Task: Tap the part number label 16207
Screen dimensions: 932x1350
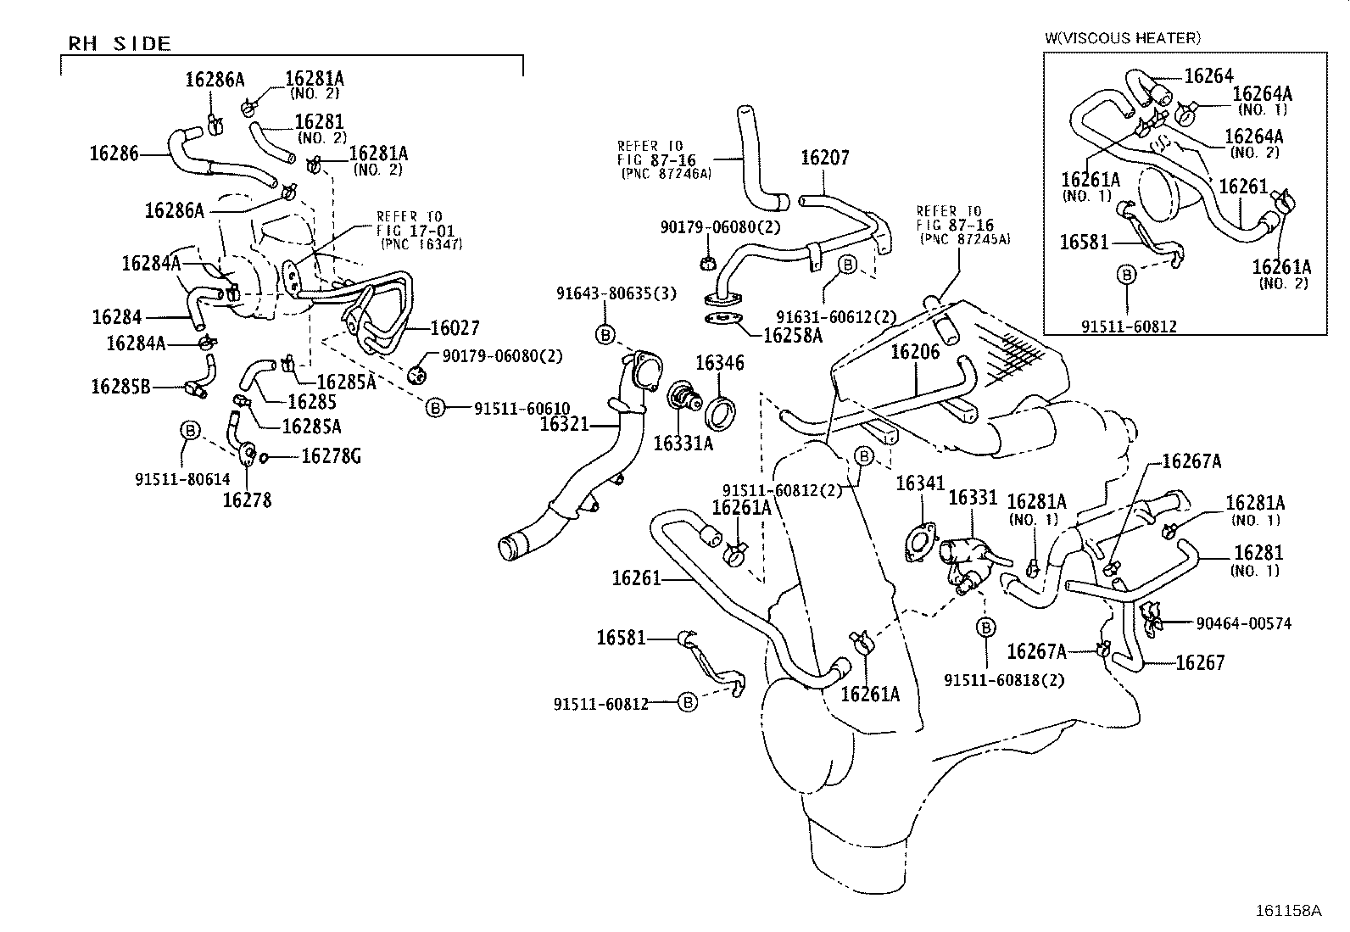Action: pos(824,158)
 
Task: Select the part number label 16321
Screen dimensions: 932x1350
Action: pos(564,423)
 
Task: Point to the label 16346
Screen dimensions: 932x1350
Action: pos(719,363)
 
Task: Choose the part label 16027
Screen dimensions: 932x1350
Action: pos(455,328)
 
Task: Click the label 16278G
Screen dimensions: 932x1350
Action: pos(332,456)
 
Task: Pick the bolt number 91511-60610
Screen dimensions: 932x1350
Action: pos(522,408)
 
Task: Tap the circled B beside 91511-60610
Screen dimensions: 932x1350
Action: pos(434,408)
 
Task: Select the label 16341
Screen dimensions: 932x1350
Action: pos(920,483)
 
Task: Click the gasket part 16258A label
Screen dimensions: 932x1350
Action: pos(793,335)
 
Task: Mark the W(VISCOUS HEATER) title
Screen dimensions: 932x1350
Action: pos(1122,38)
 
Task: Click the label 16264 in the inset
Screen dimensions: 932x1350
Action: pos(1208,75)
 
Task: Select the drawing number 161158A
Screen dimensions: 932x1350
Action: pos(1288,911)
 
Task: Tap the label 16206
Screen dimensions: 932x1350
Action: pos(915,352)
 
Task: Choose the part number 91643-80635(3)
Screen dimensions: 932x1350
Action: pos(616,293)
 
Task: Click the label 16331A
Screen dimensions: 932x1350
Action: pos(683,442)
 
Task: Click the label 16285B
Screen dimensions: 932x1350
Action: pos(120,387)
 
